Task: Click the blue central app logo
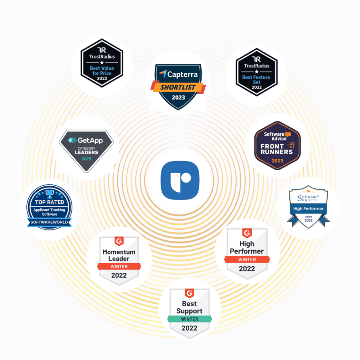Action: point(180,180)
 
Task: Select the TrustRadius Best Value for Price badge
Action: point(102,63)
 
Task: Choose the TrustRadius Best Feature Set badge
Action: point(256,72)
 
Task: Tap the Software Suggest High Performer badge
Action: point(308,206)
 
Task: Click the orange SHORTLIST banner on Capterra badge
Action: point(178,87)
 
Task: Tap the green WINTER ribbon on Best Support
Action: point(189,319)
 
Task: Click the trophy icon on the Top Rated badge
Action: point(50,193)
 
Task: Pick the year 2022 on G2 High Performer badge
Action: point(247,269)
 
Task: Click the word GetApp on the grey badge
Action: point(90,140)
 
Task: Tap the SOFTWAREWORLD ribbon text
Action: point(49,222)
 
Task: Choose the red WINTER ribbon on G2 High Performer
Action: point(247,259)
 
